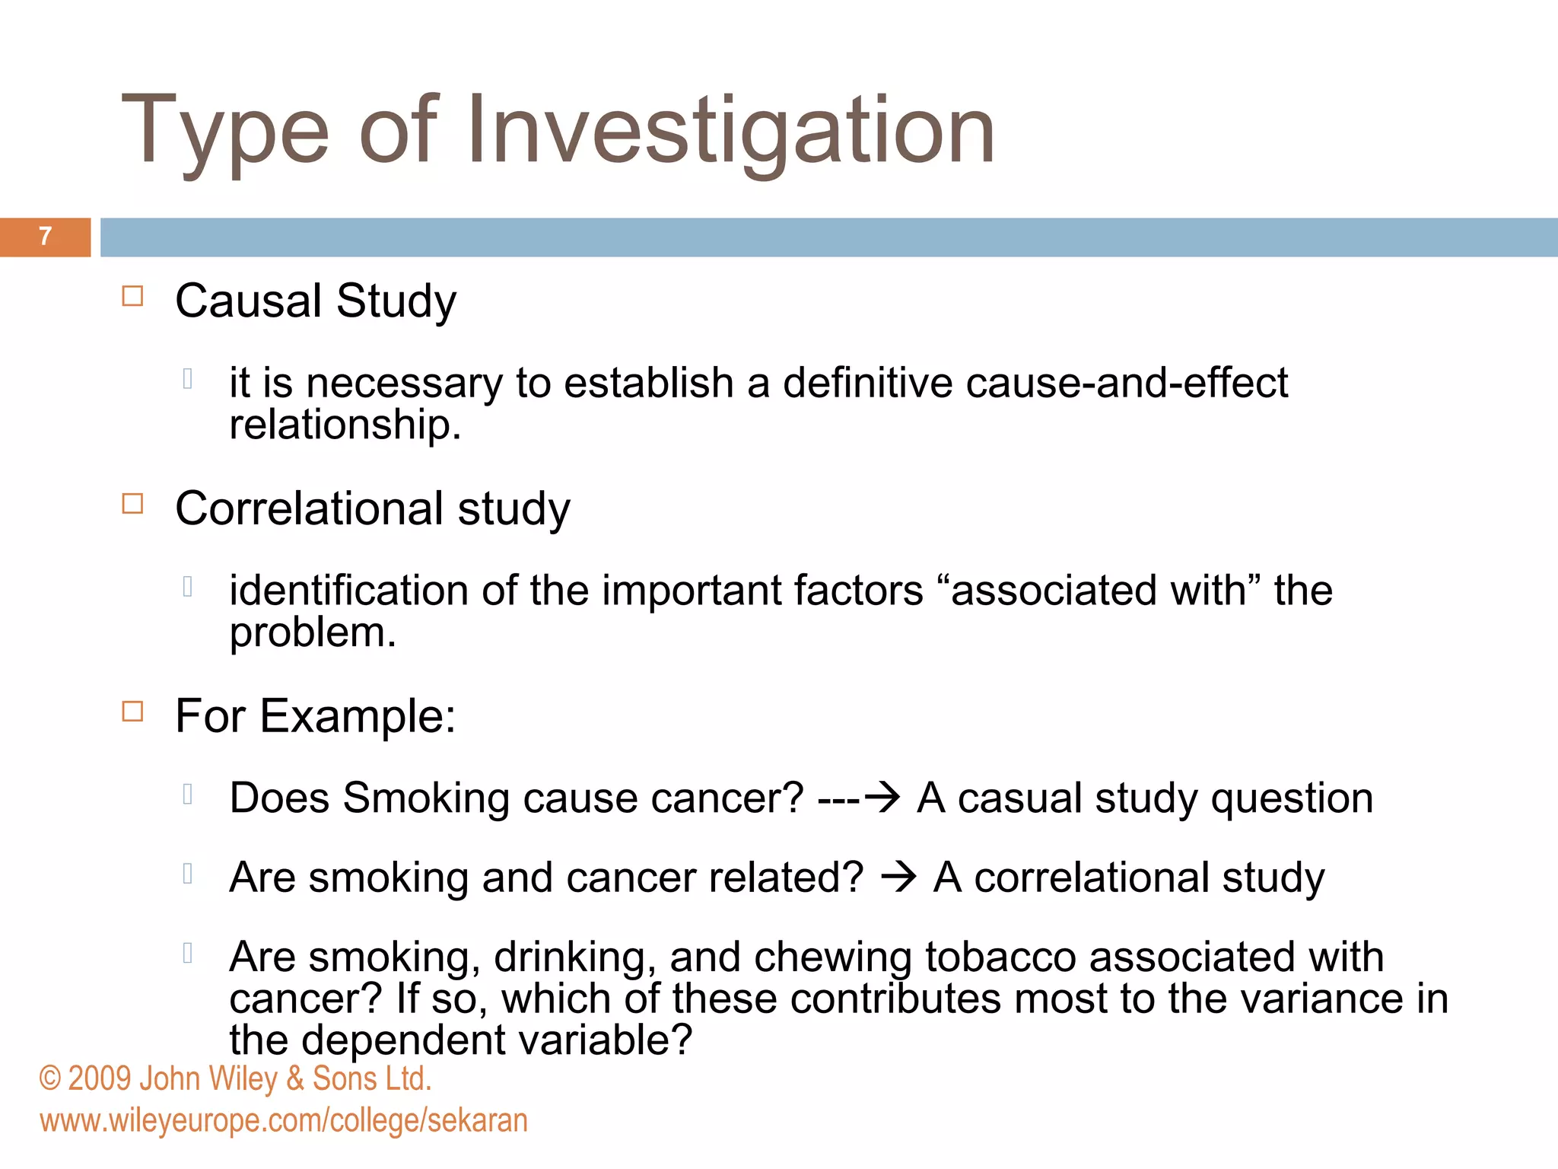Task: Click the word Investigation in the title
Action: point(730,131)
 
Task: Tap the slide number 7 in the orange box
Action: point(46,237)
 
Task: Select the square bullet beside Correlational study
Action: point(132,503)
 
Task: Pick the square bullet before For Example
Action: point(132,711)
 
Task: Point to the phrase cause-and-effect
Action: point(1127,382)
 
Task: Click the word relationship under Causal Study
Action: point(344,425)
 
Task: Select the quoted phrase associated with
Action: point(1099,591)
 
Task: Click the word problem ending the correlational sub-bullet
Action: point(312,633)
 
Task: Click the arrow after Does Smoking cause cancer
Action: point(882,798)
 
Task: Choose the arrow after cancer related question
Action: point(898,878)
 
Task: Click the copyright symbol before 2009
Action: point(50,1079)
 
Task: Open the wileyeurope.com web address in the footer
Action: point(284,1121)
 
